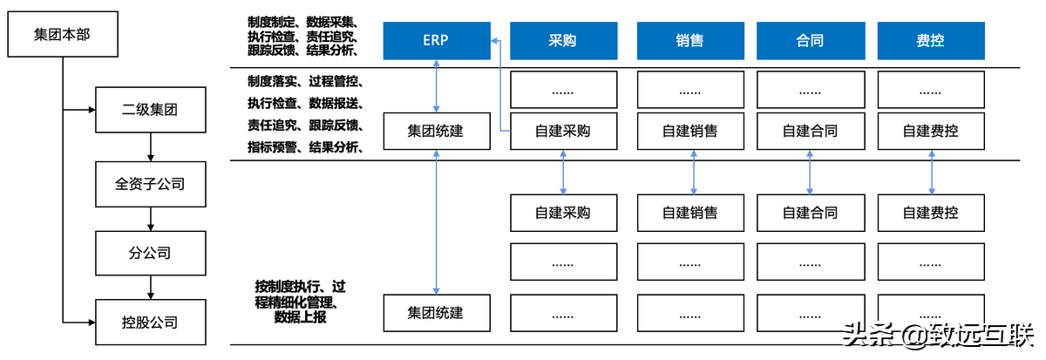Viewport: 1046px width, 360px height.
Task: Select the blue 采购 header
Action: [563, 40]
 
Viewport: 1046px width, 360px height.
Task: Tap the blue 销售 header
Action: [689, 40]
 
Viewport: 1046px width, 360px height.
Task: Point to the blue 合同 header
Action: [810, 40]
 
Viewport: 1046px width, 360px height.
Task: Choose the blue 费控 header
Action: [931, 40]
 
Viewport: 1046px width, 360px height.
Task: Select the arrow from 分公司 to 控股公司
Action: [151, 289]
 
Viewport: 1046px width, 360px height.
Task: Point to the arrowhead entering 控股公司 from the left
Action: [90, 323]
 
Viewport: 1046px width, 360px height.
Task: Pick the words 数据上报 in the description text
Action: [301, 316]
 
